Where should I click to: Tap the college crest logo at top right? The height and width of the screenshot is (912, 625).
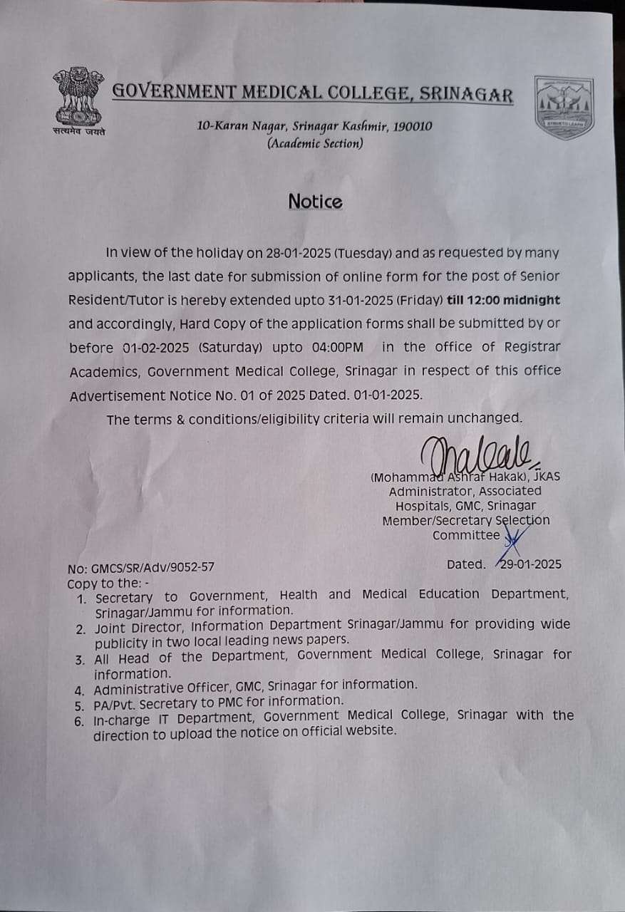coord(564,107)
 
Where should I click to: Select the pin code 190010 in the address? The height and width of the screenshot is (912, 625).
coord(409,126)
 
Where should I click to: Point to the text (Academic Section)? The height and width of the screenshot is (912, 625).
coord(314,143)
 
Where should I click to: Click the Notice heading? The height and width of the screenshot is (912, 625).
coord(315,202)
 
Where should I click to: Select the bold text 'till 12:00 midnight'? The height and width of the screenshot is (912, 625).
coord(503,300)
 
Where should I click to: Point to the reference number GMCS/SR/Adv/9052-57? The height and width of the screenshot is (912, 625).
coord(151,568)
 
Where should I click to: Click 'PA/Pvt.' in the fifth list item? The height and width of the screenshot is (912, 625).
coord(115,701)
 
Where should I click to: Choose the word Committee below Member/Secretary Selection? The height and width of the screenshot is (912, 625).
coord(466,535)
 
